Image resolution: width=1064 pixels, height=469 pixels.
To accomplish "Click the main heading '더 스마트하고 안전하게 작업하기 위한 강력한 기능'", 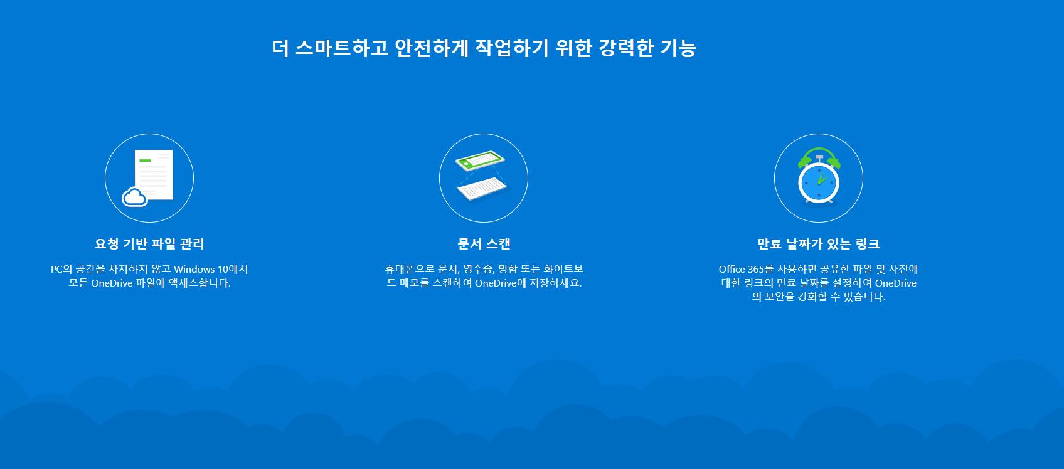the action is [484, 48].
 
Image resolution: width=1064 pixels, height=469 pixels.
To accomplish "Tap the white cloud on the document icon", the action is [134, 198].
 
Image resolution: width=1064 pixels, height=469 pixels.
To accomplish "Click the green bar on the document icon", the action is [145, 161].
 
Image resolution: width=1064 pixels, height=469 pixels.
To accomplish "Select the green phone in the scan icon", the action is [480, 160].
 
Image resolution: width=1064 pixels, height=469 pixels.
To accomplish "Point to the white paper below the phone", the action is [482, 189].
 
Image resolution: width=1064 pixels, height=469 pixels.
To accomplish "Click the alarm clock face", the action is [819, 182].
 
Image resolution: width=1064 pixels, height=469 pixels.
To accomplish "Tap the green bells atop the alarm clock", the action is [819, 158].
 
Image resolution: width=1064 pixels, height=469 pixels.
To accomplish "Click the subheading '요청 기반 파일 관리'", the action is [149, 244].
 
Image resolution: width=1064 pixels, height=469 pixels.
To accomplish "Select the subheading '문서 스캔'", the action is [484, 244].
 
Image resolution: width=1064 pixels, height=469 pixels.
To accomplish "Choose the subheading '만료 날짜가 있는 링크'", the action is [819, 244].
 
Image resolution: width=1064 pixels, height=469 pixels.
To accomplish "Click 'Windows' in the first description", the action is [194, 269].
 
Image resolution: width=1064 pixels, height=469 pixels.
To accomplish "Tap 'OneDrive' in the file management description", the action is [112, 283].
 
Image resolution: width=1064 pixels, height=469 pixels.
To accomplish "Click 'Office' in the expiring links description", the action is [731, 269].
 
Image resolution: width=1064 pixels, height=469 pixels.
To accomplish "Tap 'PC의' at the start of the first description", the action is [61, 269].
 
